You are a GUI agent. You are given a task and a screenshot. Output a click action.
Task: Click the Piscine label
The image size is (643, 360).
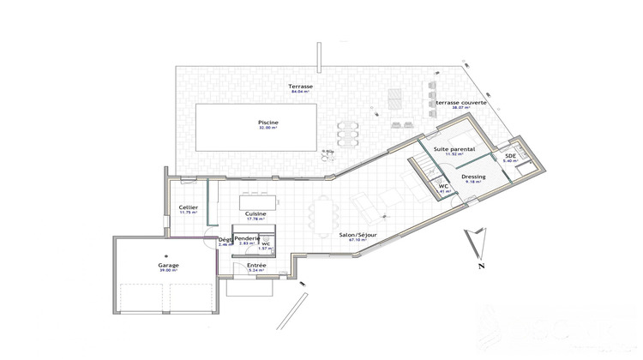coord(268,122)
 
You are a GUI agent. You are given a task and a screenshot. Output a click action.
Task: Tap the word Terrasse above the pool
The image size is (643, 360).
coord(300,87)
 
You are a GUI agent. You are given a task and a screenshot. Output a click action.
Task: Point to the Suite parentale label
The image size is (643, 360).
coord(454,148)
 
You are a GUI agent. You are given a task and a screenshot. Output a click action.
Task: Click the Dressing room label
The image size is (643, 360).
coord(474,177)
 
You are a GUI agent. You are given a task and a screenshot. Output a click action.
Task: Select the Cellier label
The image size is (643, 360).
coord(189,207)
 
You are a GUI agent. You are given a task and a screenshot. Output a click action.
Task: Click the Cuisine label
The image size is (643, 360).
coord(255,213)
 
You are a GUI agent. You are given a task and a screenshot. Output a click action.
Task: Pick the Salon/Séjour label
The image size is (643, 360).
coord(358,235)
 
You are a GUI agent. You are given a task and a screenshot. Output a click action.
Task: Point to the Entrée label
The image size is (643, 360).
coord(256,266)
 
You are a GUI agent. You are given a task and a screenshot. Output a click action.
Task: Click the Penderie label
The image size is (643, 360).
coord(247,238)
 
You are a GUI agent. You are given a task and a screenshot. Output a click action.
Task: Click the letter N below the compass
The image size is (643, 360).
coord(472,266)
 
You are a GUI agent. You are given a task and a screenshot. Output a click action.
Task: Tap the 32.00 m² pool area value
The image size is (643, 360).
coord(268,128)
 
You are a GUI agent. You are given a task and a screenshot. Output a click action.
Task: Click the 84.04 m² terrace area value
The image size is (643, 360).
coord(300,93)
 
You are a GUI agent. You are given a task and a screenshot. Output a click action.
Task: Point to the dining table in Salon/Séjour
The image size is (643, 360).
coord(323,215)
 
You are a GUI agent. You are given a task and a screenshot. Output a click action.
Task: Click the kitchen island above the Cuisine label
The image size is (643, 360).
coord(253,202)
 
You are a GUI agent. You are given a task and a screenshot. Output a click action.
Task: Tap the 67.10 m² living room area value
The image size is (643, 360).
coord(358,241)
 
